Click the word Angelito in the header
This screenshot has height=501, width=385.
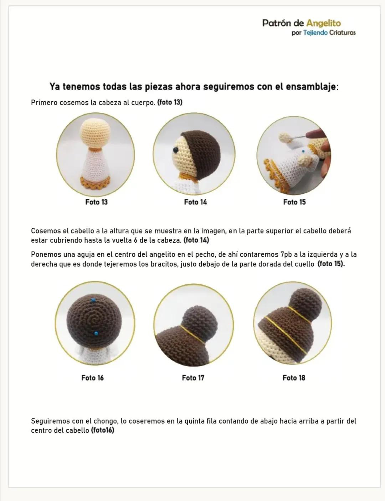click(324, 23)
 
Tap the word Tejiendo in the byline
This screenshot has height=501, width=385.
click(315, 33)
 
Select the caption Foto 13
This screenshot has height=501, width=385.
click(97, 202)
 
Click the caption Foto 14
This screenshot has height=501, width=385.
click(195, 202)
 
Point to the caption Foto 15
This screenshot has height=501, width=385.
click(294, 202)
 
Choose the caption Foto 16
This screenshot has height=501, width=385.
click(93, 378)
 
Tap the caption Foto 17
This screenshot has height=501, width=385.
click(193, 378)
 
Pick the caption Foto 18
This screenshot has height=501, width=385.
click(294, 378)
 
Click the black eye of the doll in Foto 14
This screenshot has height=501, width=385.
click(175, 150)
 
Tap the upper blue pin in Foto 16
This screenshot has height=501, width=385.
click(93, 300)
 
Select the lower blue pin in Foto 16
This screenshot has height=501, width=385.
click(96, 333)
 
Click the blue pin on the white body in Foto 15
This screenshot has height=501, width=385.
click(303, 151)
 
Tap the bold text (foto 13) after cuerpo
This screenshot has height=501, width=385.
click(170, 102)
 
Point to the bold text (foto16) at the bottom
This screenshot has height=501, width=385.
click(103, 430)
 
